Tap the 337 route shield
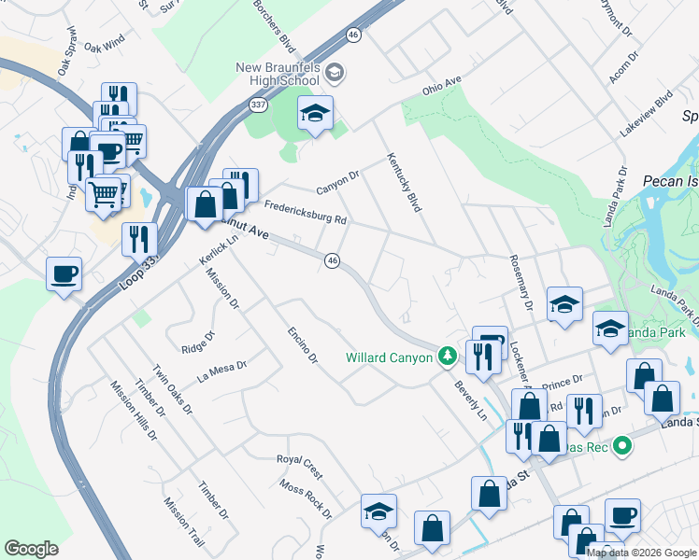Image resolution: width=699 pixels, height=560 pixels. click(x=258, y=105)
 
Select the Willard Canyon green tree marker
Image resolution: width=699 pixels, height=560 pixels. click(x=448, y=356)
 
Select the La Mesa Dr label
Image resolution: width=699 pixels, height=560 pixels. click(x=221, y=371)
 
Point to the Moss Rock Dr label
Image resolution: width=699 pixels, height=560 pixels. click(x=306, y=497)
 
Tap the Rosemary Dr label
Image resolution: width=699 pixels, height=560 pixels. click(x=521, y=283)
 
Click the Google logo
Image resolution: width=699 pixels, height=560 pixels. click(x=31, y=549)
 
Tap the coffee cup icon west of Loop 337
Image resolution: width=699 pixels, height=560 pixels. click(x=64, y=274)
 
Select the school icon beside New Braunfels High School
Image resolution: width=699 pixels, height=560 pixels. click(x=315, y=114)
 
